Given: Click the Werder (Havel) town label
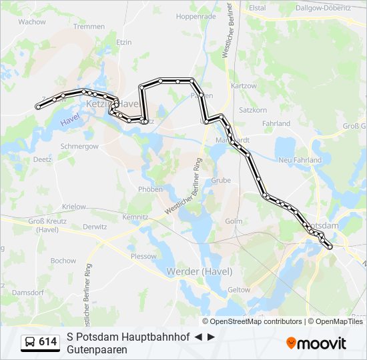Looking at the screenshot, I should (x=200, y=271).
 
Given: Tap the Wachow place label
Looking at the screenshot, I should (x=32, y=22).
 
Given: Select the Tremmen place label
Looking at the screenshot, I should (x=89, y=27).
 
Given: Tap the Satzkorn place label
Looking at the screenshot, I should (x=253, y=109).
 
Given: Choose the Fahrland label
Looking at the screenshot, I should (x=276, y=123).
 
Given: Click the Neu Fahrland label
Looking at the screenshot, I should (x=300, y=160).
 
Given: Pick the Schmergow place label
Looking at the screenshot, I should (x=79, y=146).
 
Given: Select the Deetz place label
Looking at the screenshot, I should (x=42, y=160).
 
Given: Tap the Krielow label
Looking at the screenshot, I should (x=74, y=207).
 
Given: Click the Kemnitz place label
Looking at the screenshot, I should (x=135, y=217).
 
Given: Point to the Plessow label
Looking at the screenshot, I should (x=143, y=256).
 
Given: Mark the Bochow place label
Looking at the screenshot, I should (x=63, y=261).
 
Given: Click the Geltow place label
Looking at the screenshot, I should (x=239, y=290).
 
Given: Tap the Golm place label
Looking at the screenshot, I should (x=234, y=221).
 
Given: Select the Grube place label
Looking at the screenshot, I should (x=221, y=180).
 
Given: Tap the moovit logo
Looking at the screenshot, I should (x=316, y=343).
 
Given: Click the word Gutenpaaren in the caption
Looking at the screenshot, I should (x=97, y=349).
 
